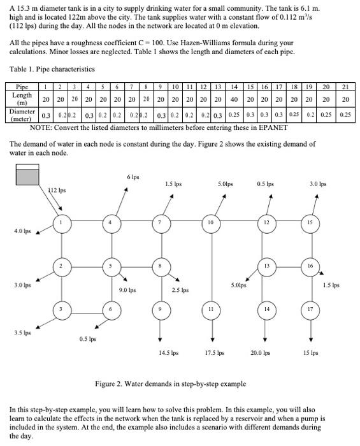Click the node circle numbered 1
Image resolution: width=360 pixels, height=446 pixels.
(x=61, y=223)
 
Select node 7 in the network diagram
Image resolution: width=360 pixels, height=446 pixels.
(x=159, y=223)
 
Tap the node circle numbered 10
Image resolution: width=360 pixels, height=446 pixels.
(x=210, y=223)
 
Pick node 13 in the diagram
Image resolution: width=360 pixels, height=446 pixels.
(x=265, y=265)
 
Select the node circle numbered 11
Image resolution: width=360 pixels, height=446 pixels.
(x=210, y=310)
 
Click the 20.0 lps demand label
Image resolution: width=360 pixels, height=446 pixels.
(x=261, y=352)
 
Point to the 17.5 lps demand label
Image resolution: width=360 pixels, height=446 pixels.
(x=215, y=352)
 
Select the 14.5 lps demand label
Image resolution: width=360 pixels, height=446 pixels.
(x=168, y=352)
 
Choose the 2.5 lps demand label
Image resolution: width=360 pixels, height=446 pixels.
(x=181, y=291)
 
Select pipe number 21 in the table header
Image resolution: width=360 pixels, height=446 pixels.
(x=345, y=89)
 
